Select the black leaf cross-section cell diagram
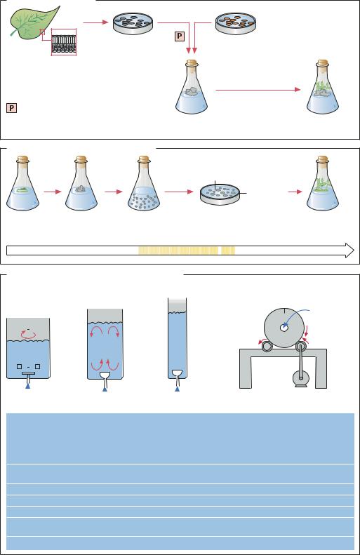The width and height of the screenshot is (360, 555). tap(64, 43)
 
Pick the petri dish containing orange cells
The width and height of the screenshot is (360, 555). tap(236, 24)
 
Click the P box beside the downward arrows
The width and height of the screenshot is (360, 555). tap(180, 36)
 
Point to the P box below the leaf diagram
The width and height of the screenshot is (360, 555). tap(11, 108)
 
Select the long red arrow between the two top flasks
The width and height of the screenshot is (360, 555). tap(258, 90)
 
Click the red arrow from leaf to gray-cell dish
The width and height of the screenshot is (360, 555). tap(95, 22)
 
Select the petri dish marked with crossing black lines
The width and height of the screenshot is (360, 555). tap(220, 194)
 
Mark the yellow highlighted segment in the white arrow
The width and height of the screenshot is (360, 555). tap(187, 250)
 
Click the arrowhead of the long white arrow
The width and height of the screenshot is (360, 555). tap(349, 250)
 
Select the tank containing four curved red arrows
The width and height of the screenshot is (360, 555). tap(105, 344)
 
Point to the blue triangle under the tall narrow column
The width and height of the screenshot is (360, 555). tap(177, 389)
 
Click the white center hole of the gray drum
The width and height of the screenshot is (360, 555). tap(284, 328)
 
